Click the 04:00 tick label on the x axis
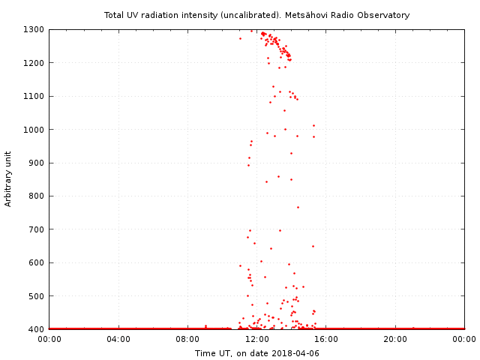tap(118, 340)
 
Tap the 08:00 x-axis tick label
tap(187, 340)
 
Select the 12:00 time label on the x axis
tap(256, 340)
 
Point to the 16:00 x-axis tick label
tap(326, 340)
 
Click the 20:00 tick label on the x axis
tap(395, 340)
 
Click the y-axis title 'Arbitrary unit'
tap(9, 179)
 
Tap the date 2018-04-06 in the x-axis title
tap(295, 352)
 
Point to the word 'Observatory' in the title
tap(384, 15)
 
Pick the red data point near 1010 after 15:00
tap(313, 125)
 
